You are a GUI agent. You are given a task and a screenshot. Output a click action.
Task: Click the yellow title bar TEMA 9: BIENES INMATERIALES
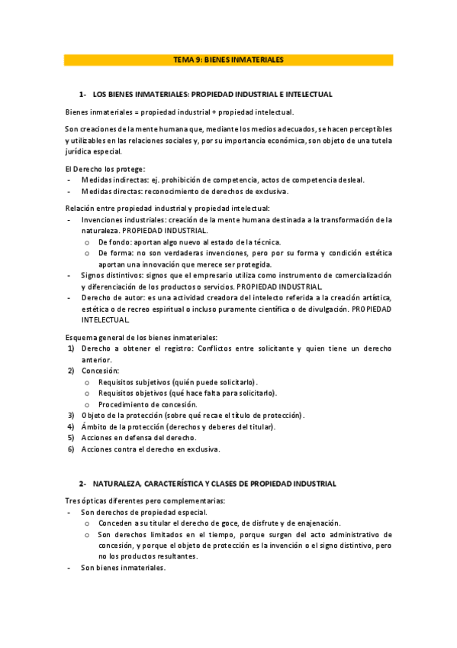click(x=228, y=59)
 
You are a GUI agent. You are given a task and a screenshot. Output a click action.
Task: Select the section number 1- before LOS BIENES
click(x=82, y=94)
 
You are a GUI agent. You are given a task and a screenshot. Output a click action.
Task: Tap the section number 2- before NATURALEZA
click(x=82, y=484)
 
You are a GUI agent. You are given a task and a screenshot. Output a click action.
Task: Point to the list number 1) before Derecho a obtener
click(x=70, y=348)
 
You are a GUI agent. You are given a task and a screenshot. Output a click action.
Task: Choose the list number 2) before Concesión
click(x=70, y=371)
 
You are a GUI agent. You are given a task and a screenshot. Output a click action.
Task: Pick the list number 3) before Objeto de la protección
click(x=70, y=415)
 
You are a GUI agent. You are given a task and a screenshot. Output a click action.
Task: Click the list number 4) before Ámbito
click(x=70, y=426)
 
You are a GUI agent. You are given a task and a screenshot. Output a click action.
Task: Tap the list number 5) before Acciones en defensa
click(x=70, y=437)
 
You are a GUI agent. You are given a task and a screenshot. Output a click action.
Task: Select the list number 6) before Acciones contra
click(x=70, y=449)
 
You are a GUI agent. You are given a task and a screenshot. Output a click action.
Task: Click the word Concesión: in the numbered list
click(x=101, y=371)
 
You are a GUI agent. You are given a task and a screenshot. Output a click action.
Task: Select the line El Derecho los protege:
click(x=105, y=168)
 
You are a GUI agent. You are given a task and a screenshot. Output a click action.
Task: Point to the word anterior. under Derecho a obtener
click(x=97, y=360)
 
